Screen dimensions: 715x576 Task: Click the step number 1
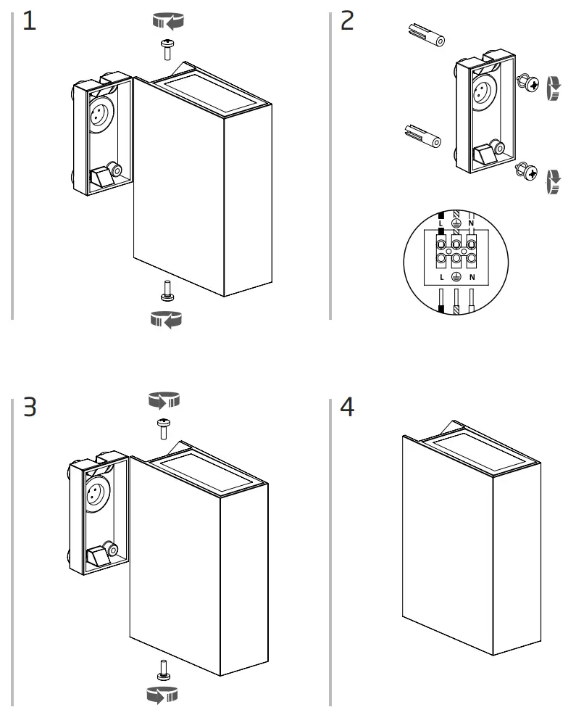29,22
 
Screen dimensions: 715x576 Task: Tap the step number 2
348,22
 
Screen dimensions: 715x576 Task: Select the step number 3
29,408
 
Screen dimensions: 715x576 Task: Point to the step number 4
348,408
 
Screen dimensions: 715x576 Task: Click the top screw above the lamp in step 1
167,49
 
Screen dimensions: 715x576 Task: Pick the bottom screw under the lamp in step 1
167,291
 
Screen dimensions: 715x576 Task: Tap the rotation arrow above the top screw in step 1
167,22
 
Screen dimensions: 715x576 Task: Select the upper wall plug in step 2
425,35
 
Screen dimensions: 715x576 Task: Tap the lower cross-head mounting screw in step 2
527,173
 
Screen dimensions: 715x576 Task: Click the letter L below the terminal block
441,277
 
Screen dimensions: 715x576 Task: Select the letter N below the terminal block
472,277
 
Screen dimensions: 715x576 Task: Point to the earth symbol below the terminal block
456,277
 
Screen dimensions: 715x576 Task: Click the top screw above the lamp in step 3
162,428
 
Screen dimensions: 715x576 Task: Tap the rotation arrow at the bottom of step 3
162,695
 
